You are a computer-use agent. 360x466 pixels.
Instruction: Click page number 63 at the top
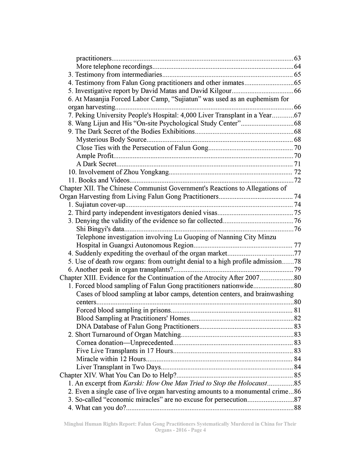(x=297, y=58)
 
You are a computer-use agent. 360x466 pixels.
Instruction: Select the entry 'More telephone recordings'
(x=114, y=67)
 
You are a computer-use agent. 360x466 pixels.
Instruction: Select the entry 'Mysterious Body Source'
(x=111, y=140)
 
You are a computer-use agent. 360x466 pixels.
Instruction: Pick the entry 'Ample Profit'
(x=95, y=156)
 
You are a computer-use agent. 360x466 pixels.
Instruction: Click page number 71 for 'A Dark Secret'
(x=297, y=164)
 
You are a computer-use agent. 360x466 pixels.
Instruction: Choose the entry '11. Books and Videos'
(x=99, y=180)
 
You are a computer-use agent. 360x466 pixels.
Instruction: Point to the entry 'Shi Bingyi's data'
(x=100, y=229)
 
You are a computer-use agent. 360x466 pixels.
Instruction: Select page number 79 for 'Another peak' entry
(x=297, y=270)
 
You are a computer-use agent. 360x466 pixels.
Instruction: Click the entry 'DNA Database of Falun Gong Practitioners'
(x=137, y=327)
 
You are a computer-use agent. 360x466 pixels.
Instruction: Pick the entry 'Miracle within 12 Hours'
(x=111, y=359)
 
